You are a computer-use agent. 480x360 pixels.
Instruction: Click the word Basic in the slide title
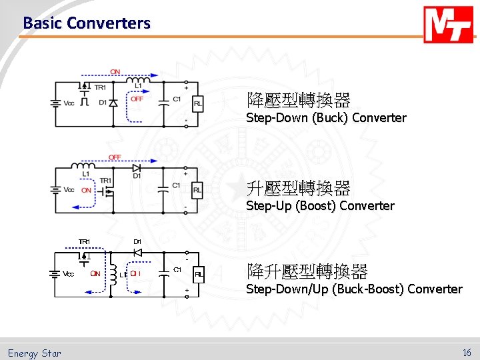[x=43, y=23]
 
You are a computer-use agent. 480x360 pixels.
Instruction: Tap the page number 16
[x=467, y=353]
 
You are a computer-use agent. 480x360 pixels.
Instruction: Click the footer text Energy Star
[x=34, y=353]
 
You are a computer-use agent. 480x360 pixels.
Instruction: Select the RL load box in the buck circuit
[x=198, y=103]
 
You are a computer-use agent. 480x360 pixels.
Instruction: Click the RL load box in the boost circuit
[x=197, y=190]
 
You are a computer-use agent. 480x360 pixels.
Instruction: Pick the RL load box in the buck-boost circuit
[x=198, y=275]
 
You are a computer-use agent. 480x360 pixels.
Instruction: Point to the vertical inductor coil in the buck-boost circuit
[x=113, y=273]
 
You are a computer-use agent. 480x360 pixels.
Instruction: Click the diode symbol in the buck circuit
[x=113, y=103]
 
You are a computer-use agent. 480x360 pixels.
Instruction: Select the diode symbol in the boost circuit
[x=137, y=168]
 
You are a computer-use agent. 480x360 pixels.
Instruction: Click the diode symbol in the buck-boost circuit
[x=137, y=252]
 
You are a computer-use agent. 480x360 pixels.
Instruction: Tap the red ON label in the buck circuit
[x=115, y=71]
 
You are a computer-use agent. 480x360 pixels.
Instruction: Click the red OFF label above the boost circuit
[x=115, y=157]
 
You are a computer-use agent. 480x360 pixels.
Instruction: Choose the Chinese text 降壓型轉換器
[x=298, y=101]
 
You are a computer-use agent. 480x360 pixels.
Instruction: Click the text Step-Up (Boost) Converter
[x=320, y=206]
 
